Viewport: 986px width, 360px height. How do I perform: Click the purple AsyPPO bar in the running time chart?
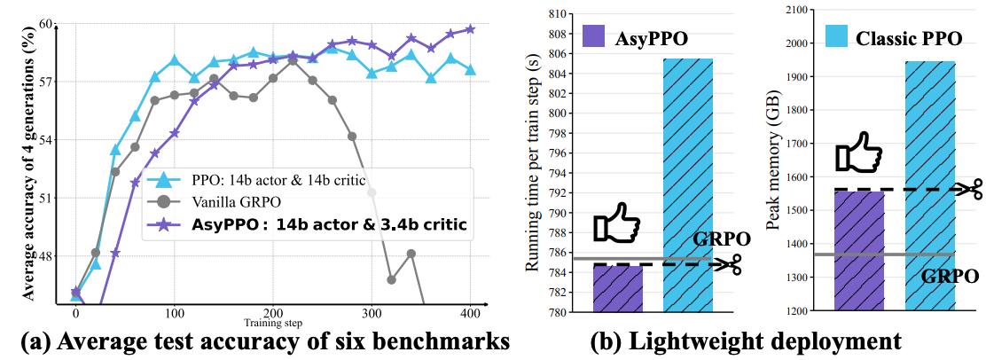[x=618, y=289]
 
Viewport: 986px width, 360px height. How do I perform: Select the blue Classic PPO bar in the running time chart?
[x=688, y=185]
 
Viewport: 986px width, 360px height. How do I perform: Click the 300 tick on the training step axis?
[x=371, y=313]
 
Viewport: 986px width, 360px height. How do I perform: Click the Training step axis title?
[x=273, y=323]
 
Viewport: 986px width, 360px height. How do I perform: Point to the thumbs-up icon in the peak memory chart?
[x=859, y=153]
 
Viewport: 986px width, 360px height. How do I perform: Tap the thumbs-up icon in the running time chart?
[x=617, y=223]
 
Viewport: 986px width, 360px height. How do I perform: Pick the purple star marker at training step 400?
[x=470, y=29]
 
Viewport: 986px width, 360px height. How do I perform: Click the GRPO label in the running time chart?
[x=722, y=239]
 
